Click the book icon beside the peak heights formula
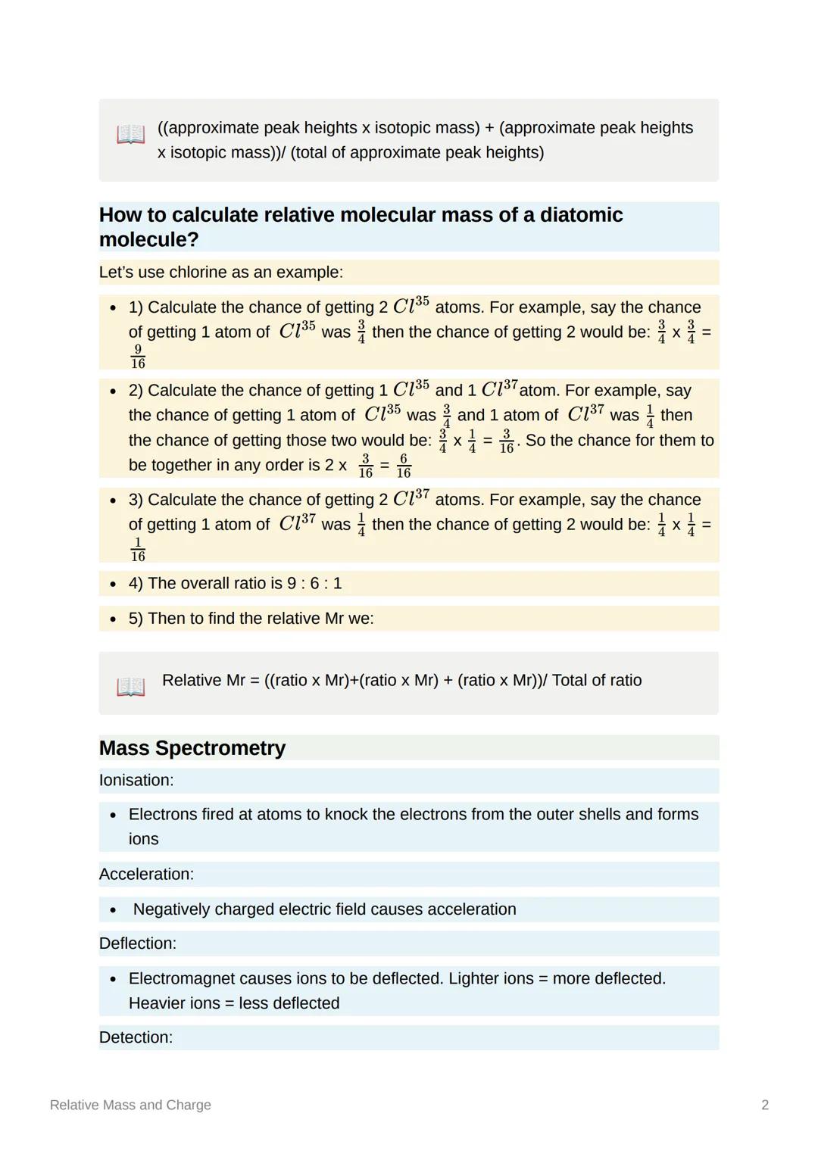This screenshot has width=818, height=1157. (x=130, y=135)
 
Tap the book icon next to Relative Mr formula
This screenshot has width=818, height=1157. (x=130, y=687)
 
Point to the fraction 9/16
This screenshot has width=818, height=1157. (x=138, y=357)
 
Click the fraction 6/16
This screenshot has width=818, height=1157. (x=404, y=466)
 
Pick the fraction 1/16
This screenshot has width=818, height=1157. (x=138, y=549)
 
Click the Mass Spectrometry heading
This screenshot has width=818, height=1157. (x=192, y=748)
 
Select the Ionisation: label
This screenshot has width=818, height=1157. (x=136, y=781)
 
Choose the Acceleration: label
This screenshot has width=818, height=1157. (x=146, y=875)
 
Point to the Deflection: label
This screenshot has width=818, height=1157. (x=137, y=943)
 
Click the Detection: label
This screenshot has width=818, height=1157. (x=136, y=1037)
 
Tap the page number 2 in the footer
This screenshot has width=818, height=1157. (x=765, y=1105)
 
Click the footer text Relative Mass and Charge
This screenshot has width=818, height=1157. (x=130, y=1105)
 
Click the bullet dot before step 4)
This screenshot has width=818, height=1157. (x=113, y=585)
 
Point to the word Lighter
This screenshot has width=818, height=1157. (x=476, y=979)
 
